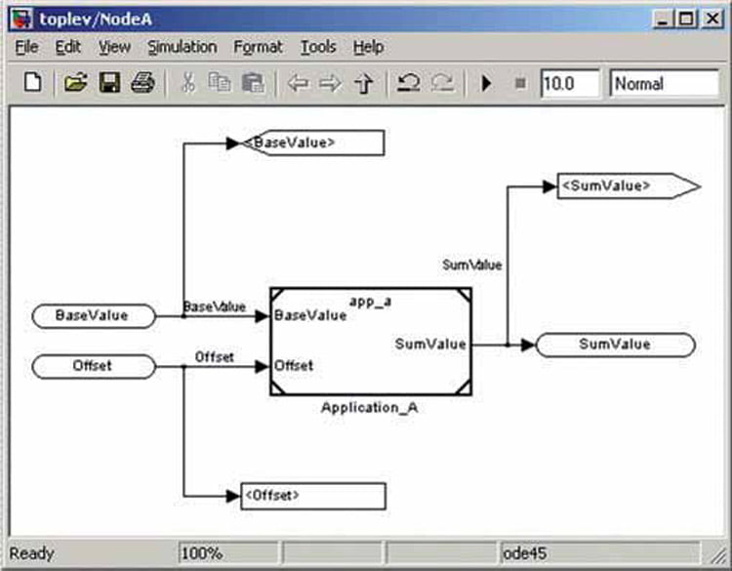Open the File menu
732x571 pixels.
pos(26,47)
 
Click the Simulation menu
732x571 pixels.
pos(183,47)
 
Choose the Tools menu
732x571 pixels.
pos(318,47)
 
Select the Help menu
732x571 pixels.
pos(368,47)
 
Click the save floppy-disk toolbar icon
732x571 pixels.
pos(109,83)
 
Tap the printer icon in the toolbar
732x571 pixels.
pos(142,83)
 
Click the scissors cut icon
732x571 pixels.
pos(188,83)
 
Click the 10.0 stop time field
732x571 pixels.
pos(570,84)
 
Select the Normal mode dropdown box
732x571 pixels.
pos(664,84)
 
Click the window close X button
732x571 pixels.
pos(712,20)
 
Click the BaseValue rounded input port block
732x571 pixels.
pos(94,316)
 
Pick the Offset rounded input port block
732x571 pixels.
pos(94,366)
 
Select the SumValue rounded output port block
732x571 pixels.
pos(615,345)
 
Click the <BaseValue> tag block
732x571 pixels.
pos(312,143)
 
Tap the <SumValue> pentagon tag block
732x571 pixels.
pos(629,186)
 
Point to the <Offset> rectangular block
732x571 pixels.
pos(313,496)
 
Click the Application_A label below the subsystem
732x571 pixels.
pos(369,408)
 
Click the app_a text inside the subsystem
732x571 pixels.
pos(370,302)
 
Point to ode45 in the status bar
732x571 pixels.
pos(525,553)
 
